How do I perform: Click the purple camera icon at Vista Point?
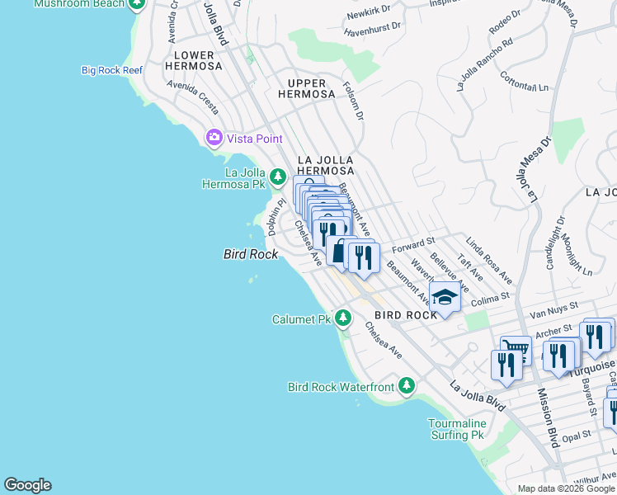click(x=214, y=138)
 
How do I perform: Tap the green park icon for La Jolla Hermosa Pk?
click(x=278, y=177)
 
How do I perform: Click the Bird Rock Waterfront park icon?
click(x=406, y=385)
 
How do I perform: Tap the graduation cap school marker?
click(x=445, y=298)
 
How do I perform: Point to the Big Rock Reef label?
click(x=112, y=70)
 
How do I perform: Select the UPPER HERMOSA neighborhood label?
click(x=311, y=88)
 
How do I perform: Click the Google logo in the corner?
click(x=27, y=485)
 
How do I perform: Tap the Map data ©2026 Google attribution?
click(x=565, y=488)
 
